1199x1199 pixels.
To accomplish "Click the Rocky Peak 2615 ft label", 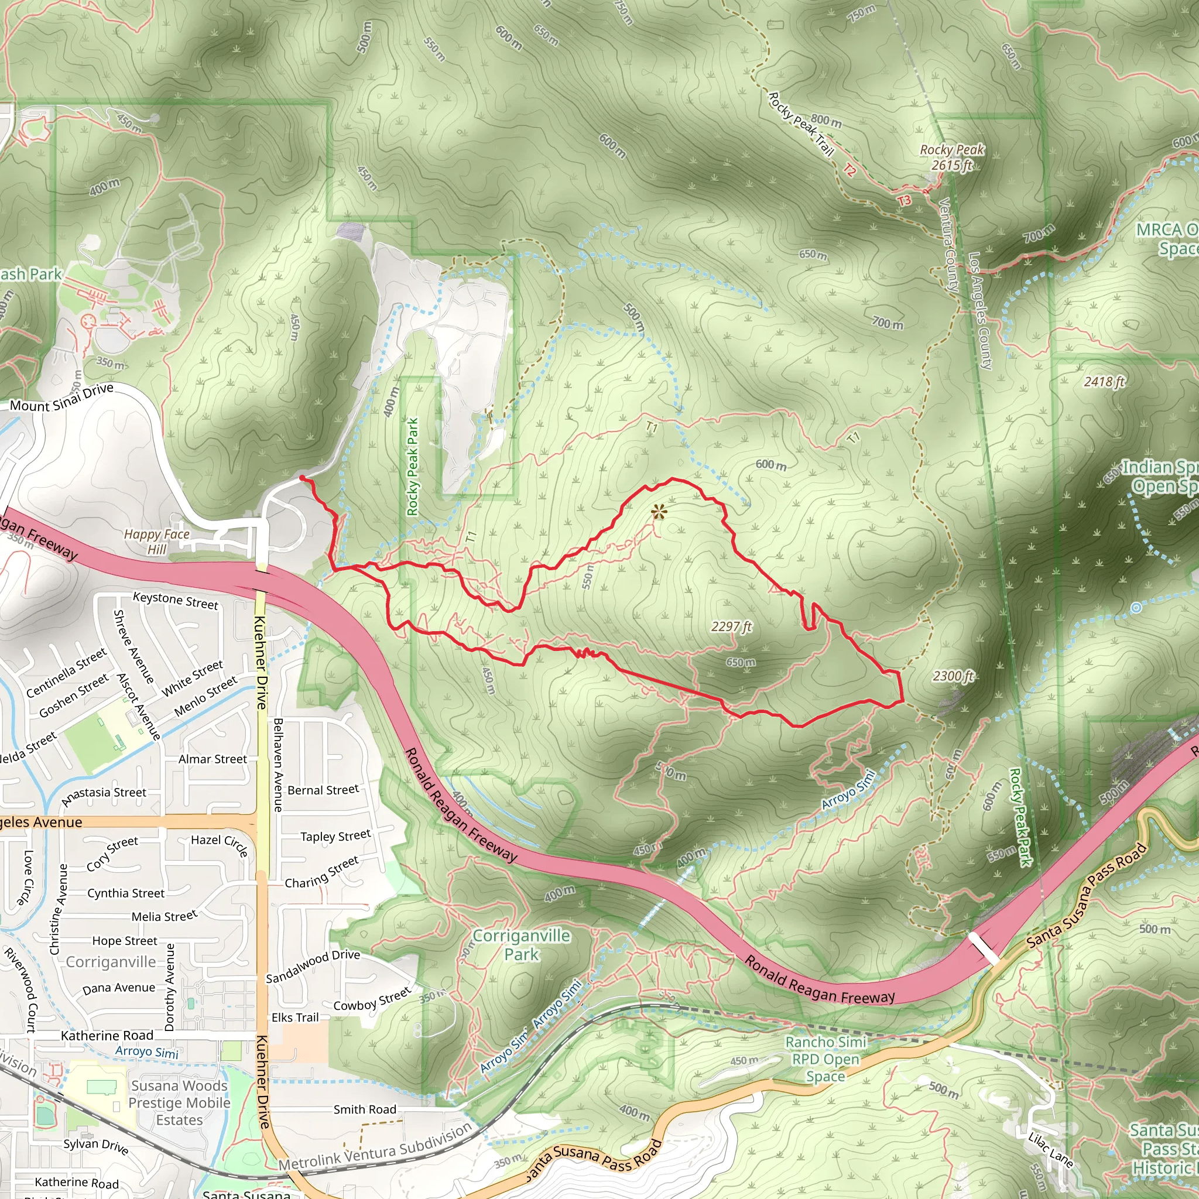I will point(951,157).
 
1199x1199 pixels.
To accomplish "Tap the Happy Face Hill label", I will point(156,541).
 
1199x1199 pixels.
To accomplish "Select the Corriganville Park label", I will point(521,944).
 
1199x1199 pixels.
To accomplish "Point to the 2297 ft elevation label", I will point(731,627).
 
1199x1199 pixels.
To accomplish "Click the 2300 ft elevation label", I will point(953,676).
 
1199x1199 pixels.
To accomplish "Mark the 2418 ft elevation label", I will point(1104,382).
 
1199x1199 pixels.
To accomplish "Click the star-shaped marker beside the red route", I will point(659,512).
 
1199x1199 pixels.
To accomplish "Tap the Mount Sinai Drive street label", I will point(61,398).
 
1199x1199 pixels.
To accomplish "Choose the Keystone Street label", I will point(176,600).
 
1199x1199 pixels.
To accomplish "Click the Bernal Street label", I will point(323,790).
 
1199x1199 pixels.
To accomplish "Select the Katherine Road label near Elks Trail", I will point(107,1036).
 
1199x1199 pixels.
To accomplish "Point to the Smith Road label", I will point(365,1109).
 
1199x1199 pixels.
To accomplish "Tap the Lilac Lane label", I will point(1050,1149).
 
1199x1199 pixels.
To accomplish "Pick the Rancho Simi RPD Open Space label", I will point(825,1058).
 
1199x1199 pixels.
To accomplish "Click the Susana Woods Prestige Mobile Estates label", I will point(179,1103).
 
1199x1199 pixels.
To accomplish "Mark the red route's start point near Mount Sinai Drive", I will point(302,478).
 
